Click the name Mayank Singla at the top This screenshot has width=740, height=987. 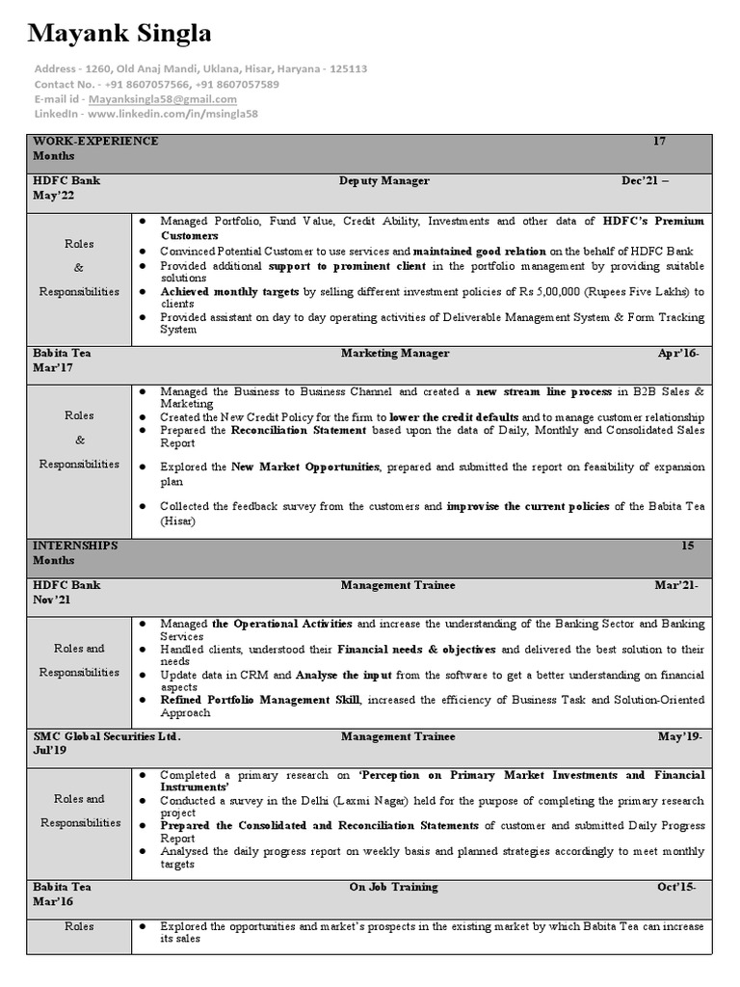coord(120,35)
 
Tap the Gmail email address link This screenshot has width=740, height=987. coord(162,98)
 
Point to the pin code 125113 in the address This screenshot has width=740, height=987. coord(348,69)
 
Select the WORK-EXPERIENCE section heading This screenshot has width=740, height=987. coord(95,142)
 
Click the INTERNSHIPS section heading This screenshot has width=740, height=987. coord(75,546)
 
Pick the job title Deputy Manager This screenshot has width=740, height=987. coord(383,181)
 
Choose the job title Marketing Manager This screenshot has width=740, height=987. coord(394,354)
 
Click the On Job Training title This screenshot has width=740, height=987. coord(393,887)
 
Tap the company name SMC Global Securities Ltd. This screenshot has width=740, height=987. coord(107,736)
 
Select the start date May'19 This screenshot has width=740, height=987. coord(679,736)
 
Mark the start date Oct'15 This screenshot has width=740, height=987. coord(678,887)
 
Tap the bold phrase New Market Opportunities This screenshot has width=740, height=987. coord(305,467)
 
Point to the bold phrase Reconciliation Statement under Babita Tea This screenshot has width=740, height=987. coord(299,431)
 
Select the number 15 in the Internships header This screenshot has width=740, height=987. coord(688,546)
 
